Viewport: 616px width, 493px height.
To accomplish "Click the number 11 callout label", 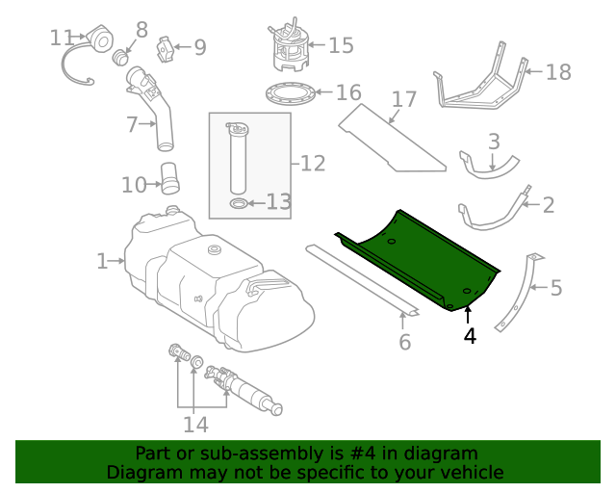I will pos(62,38).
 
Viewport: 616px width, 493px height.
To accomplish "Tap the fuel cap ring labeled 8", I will pos(121,58).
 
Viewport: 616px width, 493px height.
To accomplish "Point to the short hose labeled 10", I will pos(169,179).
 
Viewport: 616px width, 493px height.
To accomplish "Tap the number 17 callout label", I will pos(404,99).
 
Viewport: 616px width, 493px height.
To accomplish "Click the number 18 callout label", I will pos(558,72).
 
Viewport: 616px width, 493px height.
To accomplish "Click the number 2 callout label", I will pos(549,204).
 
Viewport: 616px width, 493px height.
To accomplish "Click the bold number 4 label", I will pos(469,336).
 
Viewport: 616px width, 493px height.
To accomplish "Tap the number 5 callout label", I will pos(556,288).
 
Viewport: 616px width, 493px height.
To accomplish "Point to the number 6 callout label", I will pos(404,342).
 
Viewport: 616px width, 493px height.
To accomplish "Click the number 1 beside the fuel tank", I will pos(103,260).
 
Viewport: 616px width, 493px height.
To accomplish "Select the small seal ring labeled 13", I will pos(238,203).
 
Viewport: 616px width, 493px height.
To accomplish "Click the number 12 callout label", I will pos(313,164).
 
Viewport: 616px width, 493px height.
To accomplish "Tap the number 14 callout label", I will pos(196,425).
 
